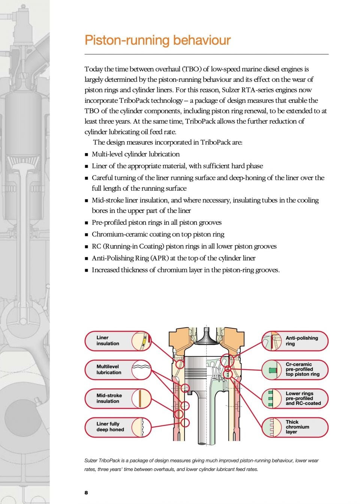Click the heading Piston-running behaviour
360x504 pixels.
[x=157, y=40]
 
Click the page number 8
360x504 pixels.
[x=86, y=492]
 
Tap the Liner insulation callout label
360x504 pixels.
[x=108, y=341]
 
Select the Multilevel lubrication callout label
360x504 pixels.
[x=109, y=370]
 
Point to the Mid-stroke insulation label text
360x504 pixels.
[x=109, y=398]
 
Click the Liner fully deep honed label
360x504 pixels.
[x=110, y=427]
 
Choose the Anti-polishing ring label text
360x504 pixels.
[x=301, y=341]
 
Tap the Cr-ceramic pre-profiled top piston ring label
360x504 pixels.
[x=302, y=369]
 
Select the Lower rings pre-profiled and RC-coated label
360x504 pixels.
[x=303, y=399]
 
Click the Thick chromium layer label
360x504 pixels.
[x=297, y=427]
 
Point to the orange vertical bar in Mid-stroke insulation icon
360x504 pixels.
[x=139, y=399]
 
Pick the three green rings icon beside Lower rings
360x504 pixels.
[x=270, y=399]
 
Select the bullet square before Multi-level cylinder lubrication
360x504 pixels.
[x=87, y=155]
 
